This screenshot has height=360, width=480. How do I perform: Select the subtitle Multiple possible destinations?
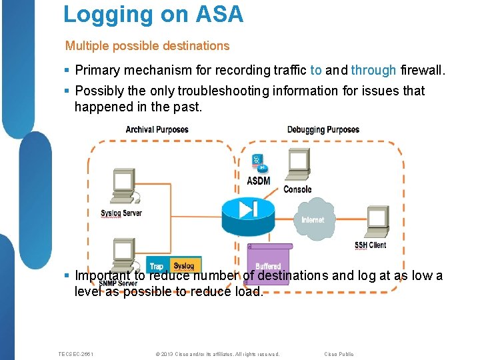pyautogui.click(x=147, y=46)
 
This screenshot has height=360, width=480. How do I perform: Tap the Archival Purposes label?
pyautogui.click(x=157, y=129)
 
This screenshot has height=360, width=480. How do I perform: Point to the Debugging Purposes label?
pyautogui.click(x=323, y=129)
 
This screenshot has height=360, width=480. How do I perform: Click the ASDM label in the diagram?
pyautogui.click(x=259, y=181)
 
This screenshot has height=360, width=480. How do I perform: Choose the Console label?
pyautogui.click(x=297, y=189)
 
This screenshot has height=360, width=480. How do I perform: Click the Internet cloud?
pyautogui.click(x=313, y=219)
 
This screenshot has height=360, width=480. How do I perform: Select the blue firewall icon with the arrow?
pyautogui.click(x=247, y=210)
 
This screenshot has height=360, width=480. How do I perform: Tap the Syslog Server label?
pyautogui.click(x=121, y=213)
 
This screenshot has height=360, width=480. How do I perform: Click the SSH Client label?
pyautogui.click(x=370, y=245)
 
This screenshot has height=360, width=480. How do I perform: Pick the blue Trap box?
pyautogui.click(x=157, y=265)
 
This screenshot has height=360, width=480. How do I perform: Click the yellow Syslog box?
pyautogui.click(x=184, y=265)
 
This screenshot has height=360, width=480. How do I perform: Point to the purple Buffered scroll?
pyautogui.click(x=268, y=263)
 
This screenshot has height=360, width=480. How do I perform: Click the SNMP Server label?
pyautogui.click(x=118, y=283)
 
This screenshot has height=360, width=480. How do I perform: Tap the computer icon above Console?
pyautogui.click(x=297, y=164)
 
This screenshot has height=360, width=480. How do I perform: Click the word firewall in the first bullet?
pyautogui.click(x=421, y=70)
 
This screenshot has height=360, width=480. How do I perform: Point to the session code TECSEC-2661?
pyautogui.click(x=76, y=354)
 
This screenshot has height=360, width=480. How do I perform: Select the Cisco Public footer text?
pyautogui.click(x=339, y=354)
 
